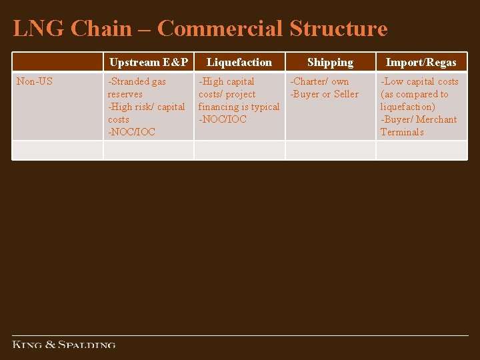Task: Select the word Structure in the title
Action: coord(338,29)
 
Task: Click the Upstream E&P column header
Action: coord(149,63)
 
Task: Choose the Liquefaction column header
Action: coord(239,63)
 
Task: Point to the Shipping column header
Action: coord(330,63)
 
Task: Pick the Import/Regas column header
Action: coord(421,63)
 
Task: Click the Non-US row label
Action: coord(35,81)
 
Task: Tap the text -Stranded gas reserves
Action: coord(137,87)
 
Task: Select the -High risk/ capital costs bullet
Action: coord(146,113)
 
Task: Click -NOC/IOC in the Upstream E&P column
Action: coord(131,132)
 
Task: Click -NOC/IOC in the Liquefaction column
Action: coord(222,119)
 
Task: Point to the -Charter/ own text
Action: coord(319,81)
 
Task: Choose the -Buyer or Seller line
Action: coord(324,94)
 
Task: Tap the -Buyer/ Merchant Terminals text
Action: coord(418,125)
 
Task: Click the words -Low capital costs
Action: coord(419,81)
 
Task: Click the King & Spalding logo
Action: coord(64,345)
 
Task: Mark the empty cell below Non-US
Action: coord(57,150)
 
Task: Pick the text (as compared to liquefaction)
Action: coord(414,100)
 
